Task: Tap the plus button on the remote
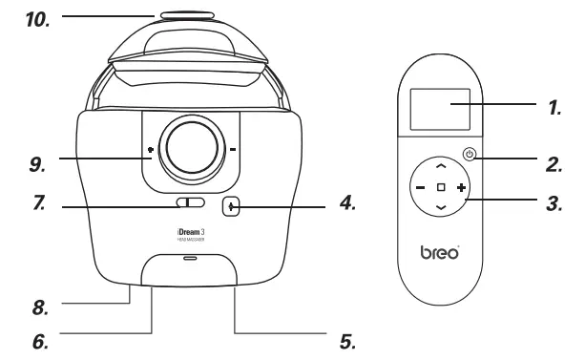click(x=462, y=188)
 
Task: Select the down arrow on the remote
click(x=440, y=207)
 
